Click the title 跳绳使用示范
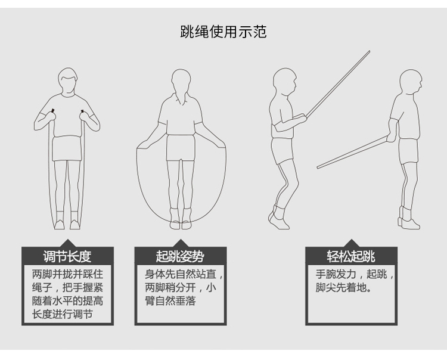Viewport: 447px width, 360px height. pyautogui.click(x=223, y=32)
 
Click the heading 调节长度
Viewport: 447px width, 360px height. pyautogui.click(x=67, y=256)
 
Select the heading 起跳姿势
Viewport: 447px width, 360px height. pyautogui.click(x=180, y=256)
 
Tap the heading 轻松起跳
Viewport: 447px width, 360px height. pyautogui.click(x=351, y=256)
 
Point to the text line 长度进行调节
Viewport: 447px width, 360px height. pyautogui.click(x=63, y=314)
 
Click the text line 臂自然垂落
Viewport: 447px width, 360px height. pyautogui.click(x=170, y=301)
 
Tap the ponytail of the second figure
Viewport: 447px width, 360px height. pyautogui.click(x=181, y=96)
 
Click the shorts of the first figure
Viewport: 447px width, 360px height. pyautogui.click(x=67, y=148)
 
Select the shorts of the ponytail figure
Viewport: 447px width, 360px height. pyautogui.click(x=181, y=148)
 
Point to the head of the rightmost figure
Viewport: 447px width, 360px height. pyautogui.click(x=411, y=81)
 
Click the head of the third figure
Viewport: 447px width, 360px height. pyautogui.click(x=284, y=82)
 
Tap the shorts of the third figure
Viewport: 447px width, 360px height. pyautogui.click(x=283, y=151)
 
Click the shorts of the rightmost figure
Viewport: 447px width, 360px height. pyautogui.click(x=408, y=151)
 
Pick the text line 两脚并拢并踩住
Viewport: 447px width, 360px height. pyautogui.click(x=67, y=274)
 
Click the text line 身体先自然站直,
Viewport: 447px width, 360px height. pyautogui.click(x=184, y=274)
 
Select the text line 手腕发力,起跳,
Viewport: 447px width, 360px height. pyautogui.click(x=355, y=274)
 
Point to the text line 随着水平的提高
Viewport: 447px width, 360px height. pyautogui.click(x=67, y=301)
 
